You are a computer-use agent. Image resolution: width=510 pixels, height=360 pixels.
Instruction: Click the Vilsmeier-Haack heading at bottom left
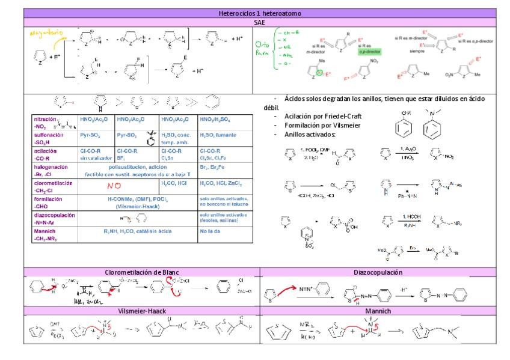[x=143, y=310]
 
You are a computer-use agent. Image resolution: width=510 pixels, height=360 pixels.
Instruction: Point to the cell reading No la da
[x=212, y=231]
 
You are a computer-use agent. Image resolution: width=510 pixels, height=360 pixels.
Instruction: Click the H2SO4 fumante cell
[x=221, y=136]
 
